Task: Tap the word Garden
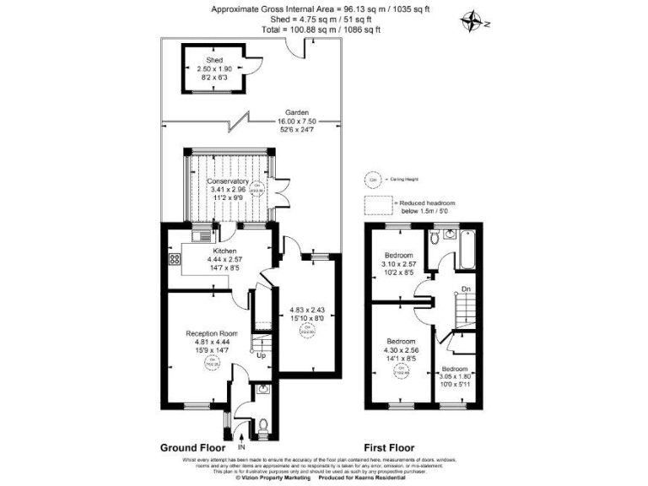(x=295, y=112)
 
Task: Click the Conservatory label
(x=228, y=181)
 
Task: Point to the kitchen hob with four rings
(x=175, y=260)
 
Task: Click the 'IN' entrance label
(x=242, y=445)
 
